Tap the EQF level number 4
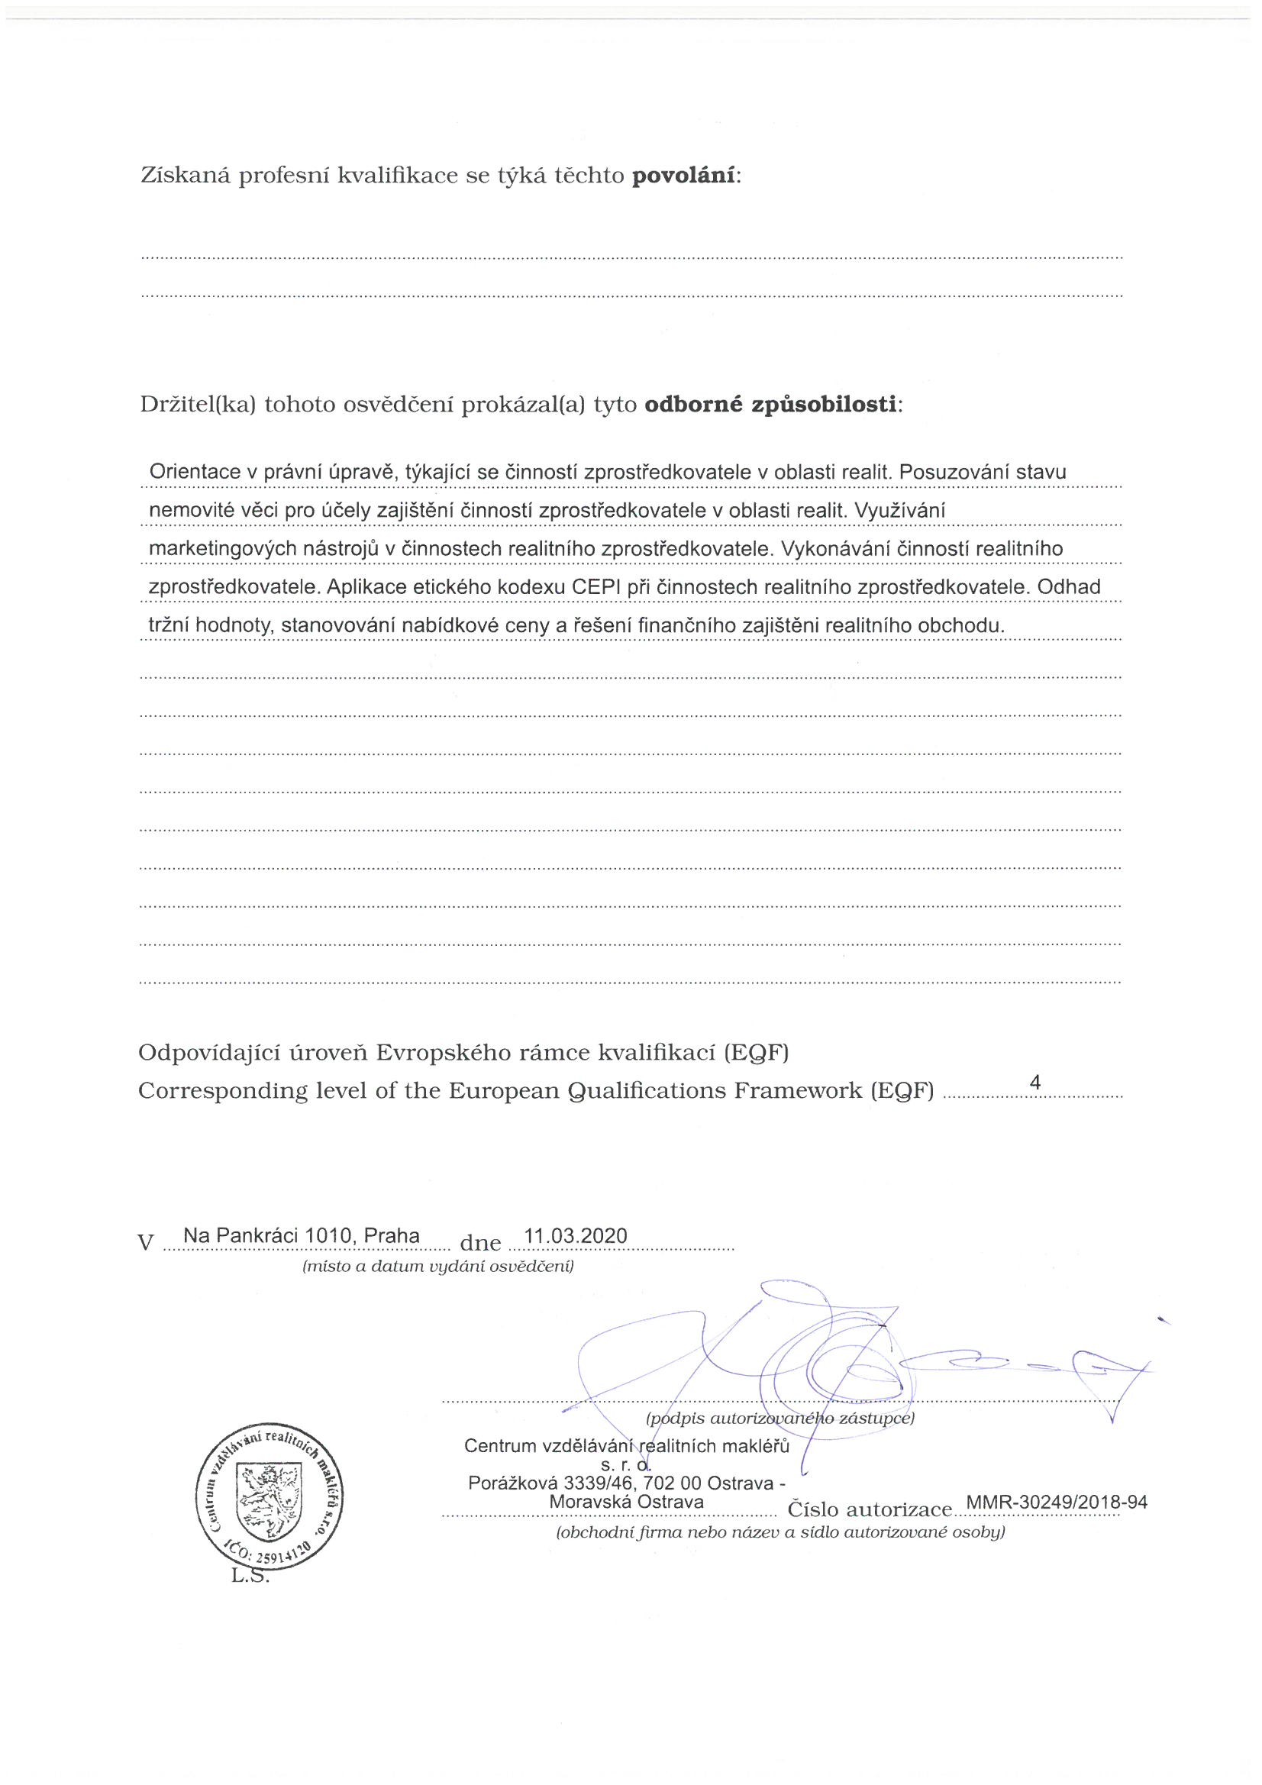pos(1034,1082)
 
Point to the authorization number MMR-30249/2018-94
pos(1055,1501)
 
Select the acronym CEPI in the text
pos(595,587)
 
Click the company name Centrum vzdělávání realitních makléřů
pos(626,1445)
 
